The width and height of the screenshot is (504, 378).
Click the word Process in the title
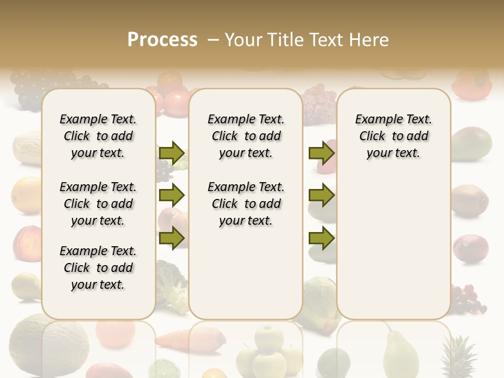162,40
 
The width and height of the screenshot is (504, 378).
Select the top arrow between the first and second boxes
172,153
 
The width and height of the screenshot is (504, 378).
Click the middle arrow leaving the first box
172,196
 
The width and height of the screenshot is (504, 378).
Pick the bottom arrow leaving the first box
172,238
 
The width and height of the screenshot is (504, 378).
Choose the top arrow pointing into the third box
321,153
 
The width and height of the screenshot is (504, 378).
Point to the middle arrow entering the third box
321,196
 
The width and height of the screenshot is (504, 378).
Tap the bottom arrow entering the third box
321,238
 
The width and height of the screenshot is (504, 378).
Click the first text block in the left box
98,136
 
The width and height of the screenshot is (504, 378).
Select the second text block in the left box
98,204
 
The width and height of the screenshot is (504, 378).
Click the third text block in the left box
98,268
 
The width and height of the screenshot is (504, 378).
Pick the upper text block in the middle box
246,136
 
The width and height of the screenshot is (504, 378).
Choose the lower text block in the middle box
246,204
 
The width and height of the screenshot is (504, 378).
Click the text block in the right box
394,136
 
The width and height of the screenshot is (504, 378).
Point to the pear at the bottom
400,354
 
